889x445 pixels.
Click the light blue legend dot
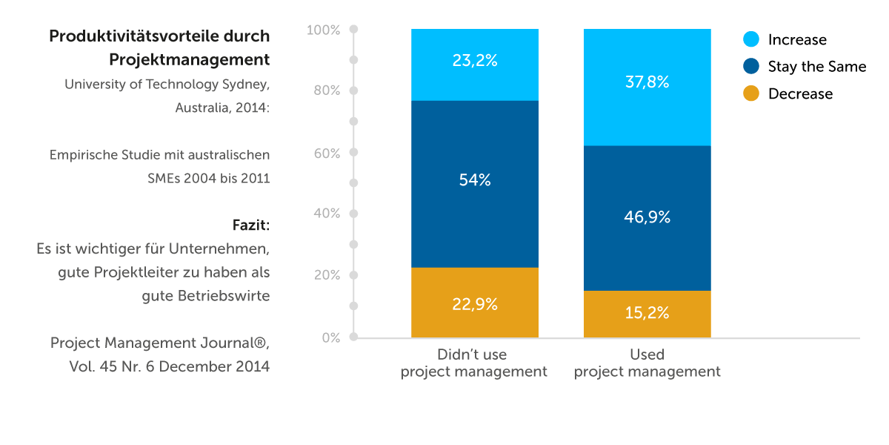click(x=750, y=39)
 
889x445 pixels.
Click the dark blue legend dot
click(x=750, y=67)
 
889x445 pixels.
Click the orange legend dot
click(x=750, y=94)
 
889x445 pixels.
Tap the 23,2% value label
click(x=474, y=62)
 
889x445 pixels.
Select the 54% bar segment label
click(x=474, y=180)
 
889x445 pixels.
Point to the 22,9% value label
click(x=474, y=304)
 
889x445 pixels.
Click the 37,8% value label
click(x=647, y=83)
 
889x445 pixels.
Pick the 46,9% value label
click(x=647, y=217)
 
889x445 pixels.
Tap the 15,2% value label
click(x=647, y=313)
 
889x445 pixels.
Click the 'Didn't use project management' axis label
click(x=474, y=363)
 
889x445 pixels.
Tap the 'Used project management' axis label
click(x=647, y=363)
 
